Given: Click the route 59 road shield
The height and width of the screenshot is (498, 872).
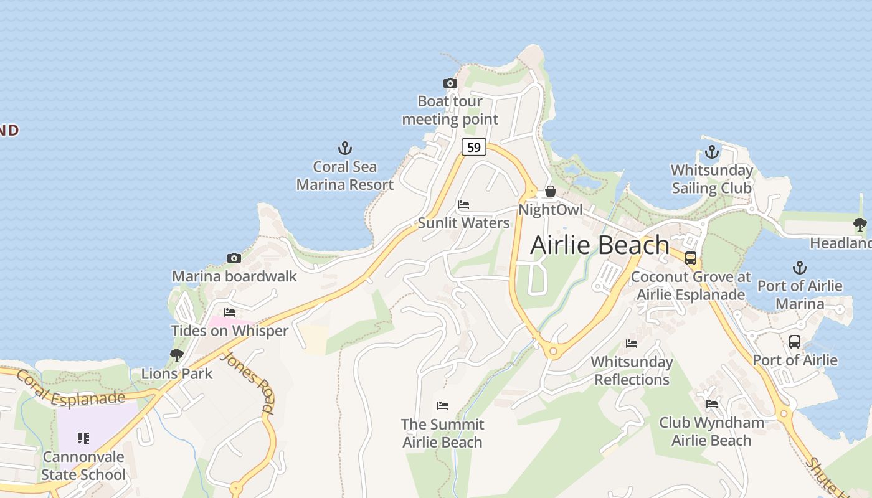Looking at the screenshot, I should coord(474,147).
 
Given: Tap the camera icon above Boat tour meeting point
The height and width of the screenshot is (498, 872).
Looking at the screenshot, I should coord(450,83).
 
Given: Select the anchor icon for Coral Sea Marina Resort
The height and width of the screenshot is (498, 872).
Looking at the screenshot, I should coord(344,148).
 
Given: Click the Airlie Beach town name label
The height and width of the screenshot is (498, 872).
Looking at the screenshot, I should coord(600,245).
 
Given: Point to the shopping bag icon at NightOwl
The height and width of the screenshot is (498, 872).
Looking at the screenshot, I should coord(550,191).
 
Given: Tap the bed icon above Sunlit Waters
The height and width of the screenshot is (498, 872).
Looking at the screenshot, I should coord(463,205).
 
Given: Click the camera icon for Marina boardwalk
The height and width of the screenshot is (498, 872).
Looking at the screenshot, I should coord(234,258).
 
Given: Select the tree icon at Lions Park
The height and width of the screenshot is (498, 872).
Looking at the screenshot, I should coord(177,355).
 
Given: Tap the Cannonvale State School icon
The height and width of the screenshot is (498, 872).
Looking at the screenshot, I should coord(83,438).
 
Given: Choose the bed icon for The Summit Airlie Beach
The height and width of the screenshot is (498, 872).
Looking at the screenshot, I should coord(442,406).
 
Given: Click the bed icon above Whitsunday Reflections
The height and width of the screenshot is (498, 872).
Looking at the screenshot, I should coord(632,344).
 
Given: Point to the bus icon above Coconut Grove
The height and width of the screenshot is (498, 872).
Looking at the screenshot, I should coord(690,258).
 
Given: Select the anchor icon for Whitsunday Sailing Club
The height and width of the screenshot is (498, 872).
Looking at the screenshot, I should coord(711,152).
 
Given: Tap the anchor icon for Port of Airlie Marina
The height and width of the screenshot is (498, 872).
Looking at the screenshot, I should coord(799,268).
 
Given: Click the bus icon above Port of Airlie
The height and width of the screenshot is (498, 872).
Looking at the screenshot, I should coord(795,342).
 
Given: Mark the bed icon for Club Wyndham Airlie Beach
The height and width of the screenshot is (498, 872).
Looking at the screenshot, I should coord(711,404).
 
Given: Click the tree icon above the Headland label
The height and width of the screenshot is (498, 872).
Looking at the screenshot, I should coord(860,225).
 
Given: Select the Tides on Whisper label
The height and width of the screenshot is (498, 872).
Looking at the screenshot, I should coord(230,331).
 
